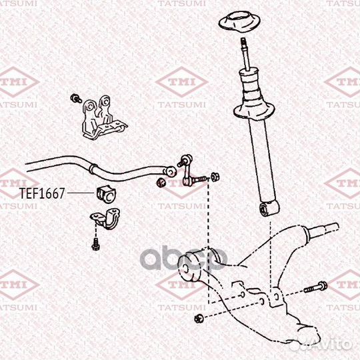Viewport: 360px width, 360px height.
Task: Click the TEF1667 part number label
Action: click(42, 193)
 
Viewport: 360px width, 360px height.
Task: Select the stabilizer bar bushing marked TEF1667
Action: click(106, 195)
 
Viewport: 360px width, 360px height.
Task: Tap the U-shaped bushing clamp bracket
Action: click(105, 218)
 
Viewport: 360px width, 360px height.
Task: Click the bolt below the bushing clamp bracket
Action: click(95, 244)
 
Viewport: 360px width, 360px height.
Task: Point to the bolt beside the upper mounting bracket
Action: click(76, 98)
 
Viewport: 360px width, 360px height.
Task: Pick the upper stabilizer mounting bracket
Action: click(104, 117)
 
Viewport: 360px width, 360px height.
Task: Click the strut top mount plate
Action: click(239, 22)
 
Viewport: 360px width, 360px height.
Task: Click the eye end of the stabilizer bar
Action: click(171, 172)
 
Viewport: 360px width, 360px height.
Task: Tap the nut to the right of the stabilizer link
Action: click(215, 177)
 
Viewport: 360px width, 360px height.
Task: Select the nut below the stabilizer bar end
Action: click(161, 182)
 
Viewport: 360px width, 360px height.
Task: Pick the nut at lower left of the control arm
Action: click(198, 319)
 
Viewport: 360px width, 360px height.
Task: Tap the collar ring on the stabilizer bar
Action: click(93, 169)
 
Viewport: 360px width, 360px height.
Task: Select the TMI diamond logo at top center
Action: click(182, 82)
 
